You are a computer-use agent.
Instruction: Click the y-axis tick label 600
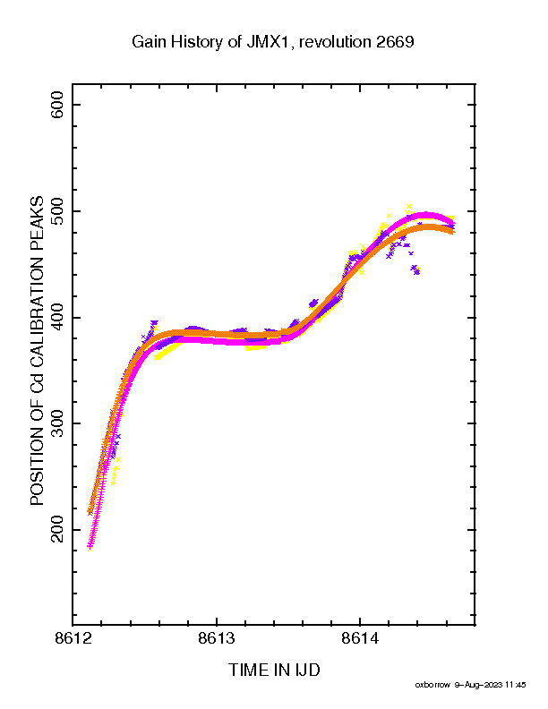point(57,105)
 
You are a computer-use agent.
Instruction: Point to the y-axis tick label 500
point(57,211)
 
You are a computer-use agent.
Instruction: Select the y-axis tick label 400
point(57,318)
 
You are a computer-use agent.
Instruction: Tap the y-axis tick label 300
point(57,423)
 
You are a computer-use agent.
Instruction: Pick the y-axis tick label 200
point(57,529)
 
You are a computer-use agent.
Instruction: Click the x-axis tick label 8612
point(73,638)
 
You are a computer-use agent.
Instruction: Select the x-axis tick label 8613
point(217,638)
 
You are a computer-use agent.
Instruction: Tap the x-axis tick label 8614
point(360,638)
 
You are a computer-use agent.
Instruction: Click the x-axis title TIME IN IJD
point(274,670)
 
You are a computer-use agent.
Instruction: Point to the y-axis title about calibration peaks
point(37,350)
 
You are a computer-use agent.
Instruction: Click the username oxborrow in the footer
point(432,685)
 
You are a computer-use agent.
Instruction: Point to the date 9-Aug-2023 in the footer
point(478,685)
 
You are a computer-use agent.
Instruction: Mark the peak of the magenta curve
point(425,215)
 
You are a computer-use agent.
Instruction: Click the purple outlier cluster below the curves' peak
point(415,270)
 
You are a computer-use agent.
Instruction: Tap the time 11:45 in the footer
point(516,685)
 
